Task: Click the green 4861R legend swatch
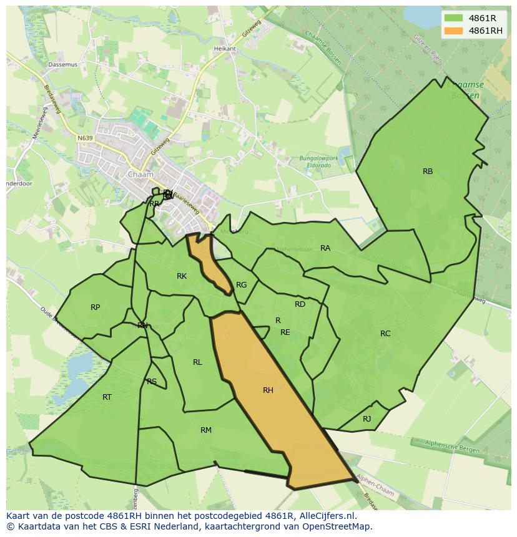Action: click(x=454, y=18)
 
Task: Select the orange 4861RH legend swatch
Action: click(x=454, y=31)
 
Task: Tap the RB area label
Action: click(x=428, y=172)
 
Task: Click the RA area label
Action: click(x=325, y=248)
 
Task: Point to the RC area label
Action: click(x=385, y=334)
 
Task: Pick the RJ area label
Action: click(x=367, y=419)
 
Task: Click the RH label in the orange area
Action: click(x=268, y=390)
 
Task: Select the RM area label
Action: click(x=206, y=430)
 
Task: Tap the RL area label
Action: click(x=197, y=362)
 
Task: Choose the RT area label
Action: click(x=107, y=397)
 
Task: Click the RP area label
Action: click(x=95, y=307)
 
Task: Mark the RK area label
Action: click(x=182, y=276)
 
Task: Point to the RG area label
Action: click(x=242, y=285)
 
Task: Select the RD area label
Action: click(x=300, y=304)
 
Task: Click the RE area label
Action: click(x=285, y=332)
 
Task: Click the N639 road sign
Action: click(x=85, y=138)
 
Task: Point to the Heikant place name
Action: click(x=225, y=49)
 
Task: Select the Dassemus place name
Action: click(x=62, y=64)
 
